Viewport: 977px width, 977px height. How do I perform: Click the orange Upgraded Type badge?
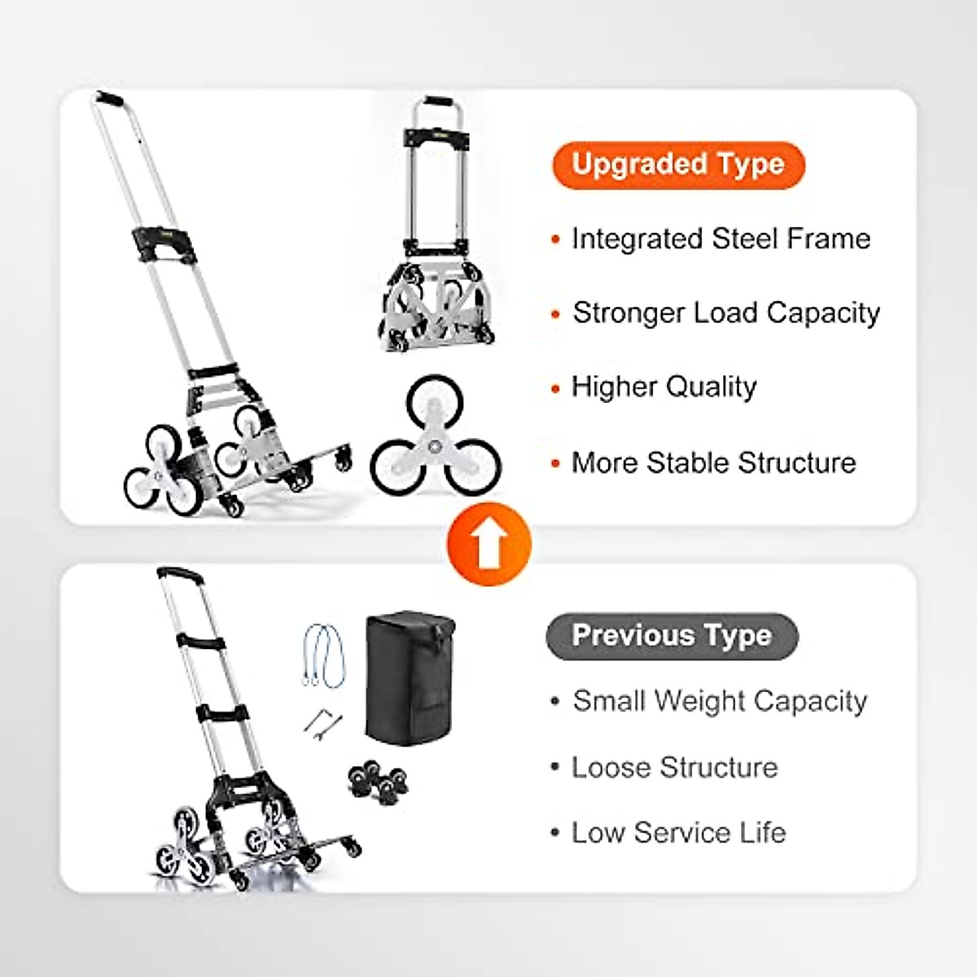(677, 165)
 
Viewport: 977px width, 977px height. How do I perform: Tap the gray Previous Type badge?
(672, 636)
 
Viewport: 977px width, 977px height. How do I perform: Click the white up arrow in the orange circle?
(488, 545)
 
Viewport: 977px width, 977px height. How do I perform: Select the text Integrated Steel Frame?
(721, 239)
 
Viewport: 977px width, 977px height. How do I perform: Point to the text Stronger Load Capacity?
(726, 313)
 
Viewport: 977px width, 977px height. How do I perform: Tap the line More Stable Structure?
(713, 463)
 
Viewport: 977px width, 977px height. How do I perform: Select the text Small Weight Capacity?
(720, 702)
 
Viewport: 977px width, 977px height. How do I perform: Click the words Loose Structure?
(674, 768)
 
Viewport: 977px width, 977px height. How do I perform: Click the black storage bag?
(410, 678)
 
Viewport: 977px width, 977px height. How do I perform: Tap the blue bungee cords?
(325, 655)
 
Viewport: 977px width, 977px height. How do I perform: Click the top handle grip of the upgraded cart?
(109, 99)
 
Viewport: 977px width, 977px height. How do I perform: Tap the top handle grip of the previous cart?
(179, 573)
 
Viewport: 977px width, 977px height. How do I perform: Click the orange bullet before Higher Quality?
(556, 389)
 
